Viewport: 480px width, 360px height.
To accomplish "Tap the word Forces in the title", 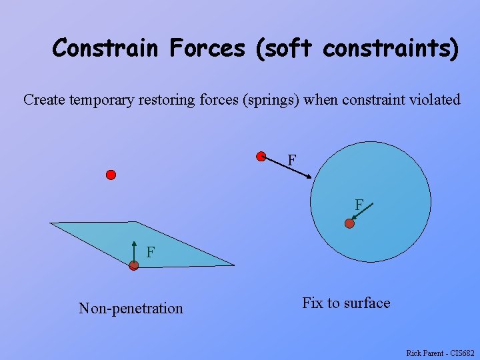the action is tap(209, 49).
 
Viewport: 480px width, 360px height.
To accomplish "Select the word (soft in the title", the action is tap(284, 49).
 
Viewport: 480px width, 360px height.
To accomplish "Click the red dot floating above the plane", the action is tap(111, 175).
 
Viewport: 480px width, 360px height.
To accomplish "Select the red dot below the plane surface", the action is tap(134, 265).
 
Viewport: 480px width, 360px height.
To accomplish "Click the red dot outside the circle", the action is tap(261, 157).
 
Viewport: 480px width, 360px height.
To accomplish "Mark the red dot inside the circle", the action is tap(349, 224).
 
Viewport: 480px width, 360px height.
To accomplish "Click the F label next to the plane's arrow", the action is tap(151, 252).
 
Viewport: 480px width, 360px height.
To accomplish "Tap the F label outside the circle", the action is tap(292, 161).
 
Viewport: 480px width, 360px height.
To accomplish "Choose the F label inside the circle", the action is tap(359, 205).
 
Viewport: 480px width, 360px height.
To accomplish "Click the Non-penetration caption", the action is tap(131, 308).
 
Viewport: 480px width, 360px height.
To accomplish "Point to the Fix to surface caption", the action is tap(346, 303).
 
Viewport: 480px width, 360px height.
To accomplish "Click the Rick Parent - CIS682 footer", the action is tap(440, 353).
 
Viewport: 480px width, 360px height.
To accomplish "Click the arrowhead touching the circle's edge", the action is tap(309, 176).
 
